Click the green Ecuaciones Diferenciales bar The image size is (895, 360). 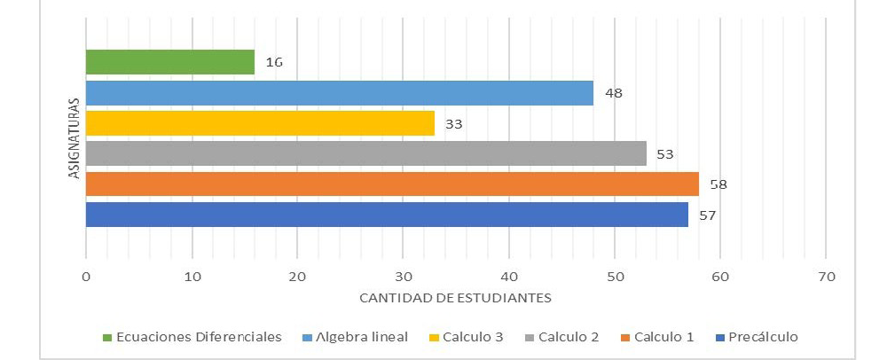click(x=169, y=62)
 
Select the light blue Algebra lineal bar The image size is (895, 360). click(x=339, y=93)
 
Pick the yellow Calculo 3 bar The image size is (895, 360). click(x=260, y=123)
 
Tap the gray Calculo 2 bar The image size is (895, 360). click(x=365, y=153)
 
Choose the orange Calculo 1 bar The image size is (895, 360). click(x=392, y=184)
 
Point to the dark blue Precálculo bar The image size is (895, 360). click(x=387, y=215)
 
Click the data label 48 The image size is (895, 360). click(x=613, y=93)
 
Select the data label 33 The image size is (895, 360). click(x=454, y=123)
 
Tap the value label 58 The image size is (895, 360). click(x=718, y=184)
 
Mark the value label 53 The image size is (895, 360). click(x=665, y=154)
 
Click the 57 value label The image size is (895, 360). click(x=708, y=215)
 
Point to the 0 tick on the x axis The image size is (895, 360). click(x=86, y=277)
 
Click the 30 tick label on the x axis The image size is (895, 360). click(x=403, y=277)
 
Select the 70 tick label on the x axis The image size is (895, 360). click(x=826, y=277)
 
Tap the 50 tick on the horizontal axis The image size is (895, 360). click(x=615, y=277)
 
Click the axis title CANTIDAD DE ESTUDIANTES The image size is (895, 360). click(x=455, y=298)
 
